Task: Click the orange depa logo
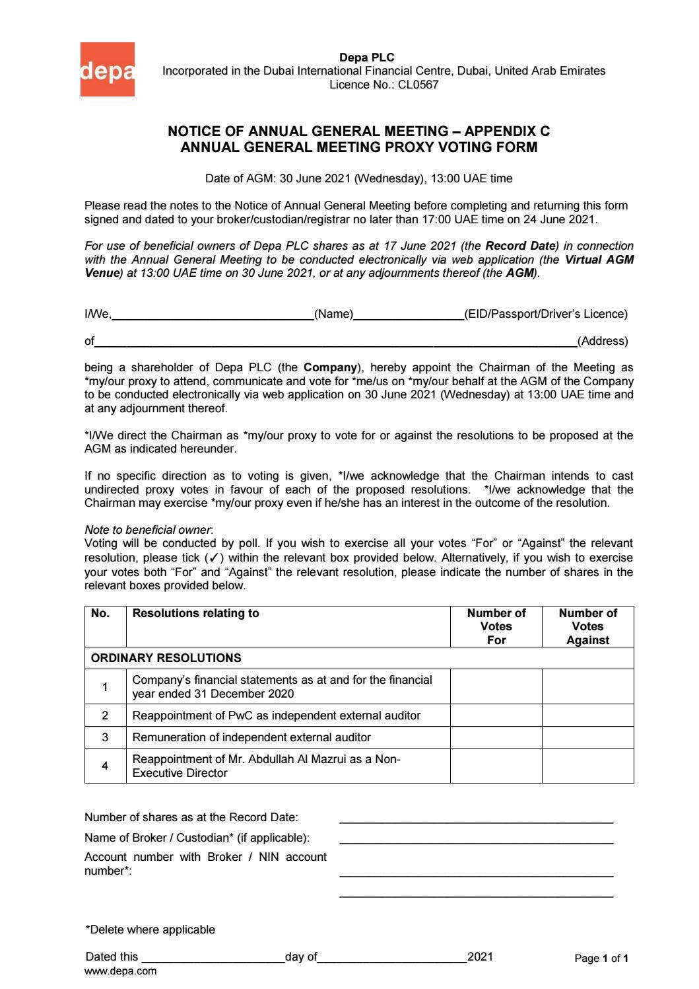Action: pyautogui.click(x=108, y=70)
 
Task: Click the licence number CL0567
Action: pyautogui.click(x=417, y=85)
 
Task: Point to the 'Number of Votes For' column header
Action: pyautogui.click(x=496, y=626)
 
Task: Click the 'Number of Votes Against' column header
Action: pyautogui.click(x=587, y=626)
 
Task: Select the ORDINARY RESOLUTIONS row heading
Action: pyautogui.click(x=166, y=658)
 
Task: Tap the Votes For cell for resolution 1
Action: pyautogui.click(x=496, y=686)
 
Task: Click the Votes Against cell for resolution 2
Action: pyautogui.click(x=587, y=715)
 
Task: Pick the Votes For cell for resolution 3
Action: pyautogui.click(x=496, y=737)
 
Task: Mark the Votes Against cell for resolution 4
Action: pyautogui.click(x=587, y=766)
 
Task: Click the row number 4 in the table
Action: pyautogui.click(x=105, y=766)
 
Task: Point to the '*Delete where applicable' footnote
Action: pyautogui.click(x=150, y=930)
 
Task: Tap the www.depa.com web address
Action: pyautogui.click(x=121, y=971)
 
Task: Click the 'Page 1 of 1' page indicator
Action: pyautogui.click(x=601, y=958)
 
